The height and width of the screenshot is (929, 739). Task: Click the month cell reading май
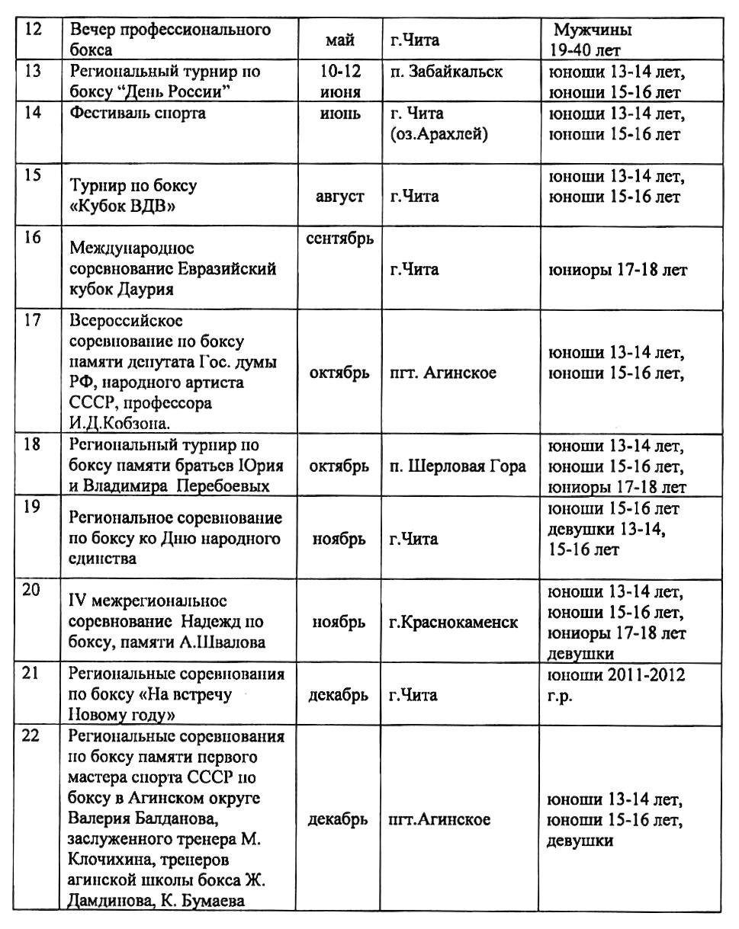point(339,41)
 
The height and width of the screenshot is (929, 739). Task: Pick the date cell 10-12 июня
point(340,82)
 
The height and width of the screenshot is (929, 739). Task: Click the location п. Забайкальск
point(445,72)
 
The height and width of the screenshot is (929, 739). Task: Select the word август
point(339,197)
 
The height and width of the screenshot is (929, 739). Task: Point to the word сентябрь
point(339,238)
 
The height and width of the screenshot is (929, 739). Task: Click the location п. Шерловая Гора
point(458,466)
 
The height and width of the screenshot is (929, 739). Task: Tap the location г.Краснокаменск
point(453,622)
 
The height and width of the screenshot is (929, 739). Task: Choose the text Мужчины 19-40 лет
point(593,41)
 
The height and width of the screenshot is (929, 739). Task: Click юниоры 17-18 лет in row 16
point(618,271)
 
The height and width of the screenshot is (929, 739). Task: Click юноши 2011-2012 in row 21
point(616,675)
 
